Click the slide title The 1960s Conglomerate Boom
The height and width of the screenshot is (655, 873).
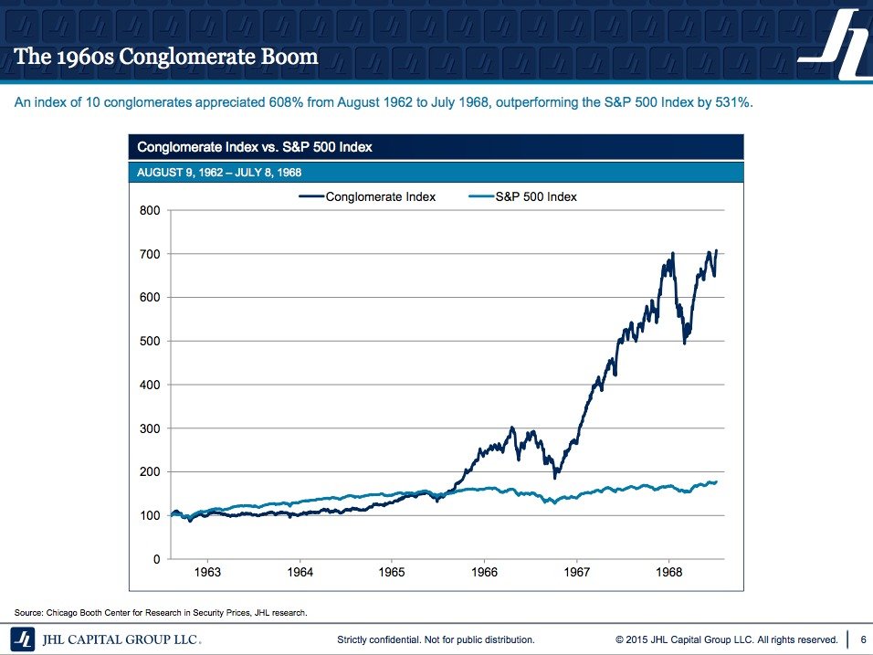pyautogui.click(x=166, y=57)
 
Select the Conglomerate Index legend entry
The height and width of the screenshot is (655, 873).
pyautogui.click(x=380, y=196)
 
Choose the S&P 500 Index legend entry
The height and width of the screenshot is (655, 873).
pyautogui.click(x=536, y=196)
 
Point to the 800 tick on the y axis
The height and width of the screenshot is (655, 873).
pyautogui.click(x=149, y=210)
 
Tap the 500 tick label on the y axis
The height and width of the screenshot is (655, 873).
pyautogui.click(x=149, y=341)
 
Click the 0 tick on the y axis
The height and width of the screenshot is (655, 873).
pyautogui.click(x=155, y=559)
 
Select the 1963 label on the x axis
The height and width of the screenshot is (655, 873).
pyautogui.click(x=207, y=573)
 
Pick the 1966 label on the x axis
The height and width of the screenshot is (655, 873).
pyautogui.click(x=484, y=573)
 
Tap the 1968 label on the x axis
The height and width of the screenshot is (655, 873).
pyautogui.click(x=668, y=573)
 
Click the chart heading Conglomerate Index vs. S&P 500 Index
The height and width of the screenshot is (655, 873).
pyautogui.click(x=255, y=147)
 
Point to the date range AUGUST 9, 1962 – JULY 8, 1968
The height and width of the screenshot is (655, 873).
pyautogui.click(x=219, y=172)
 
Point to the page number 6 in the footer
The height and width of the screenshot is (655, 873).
pyautogui.click(x=864, y=639)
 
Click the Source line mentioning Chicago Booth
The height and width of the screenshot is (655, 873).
pyautogui.click(x=161, y=611)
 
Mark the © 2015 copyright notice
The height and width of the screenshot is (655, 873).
pyautogui.click(x=726, y=639)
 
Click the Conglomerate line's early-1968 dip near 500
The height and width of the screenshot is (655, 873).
pyautogui.click(x=685, y=340)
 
